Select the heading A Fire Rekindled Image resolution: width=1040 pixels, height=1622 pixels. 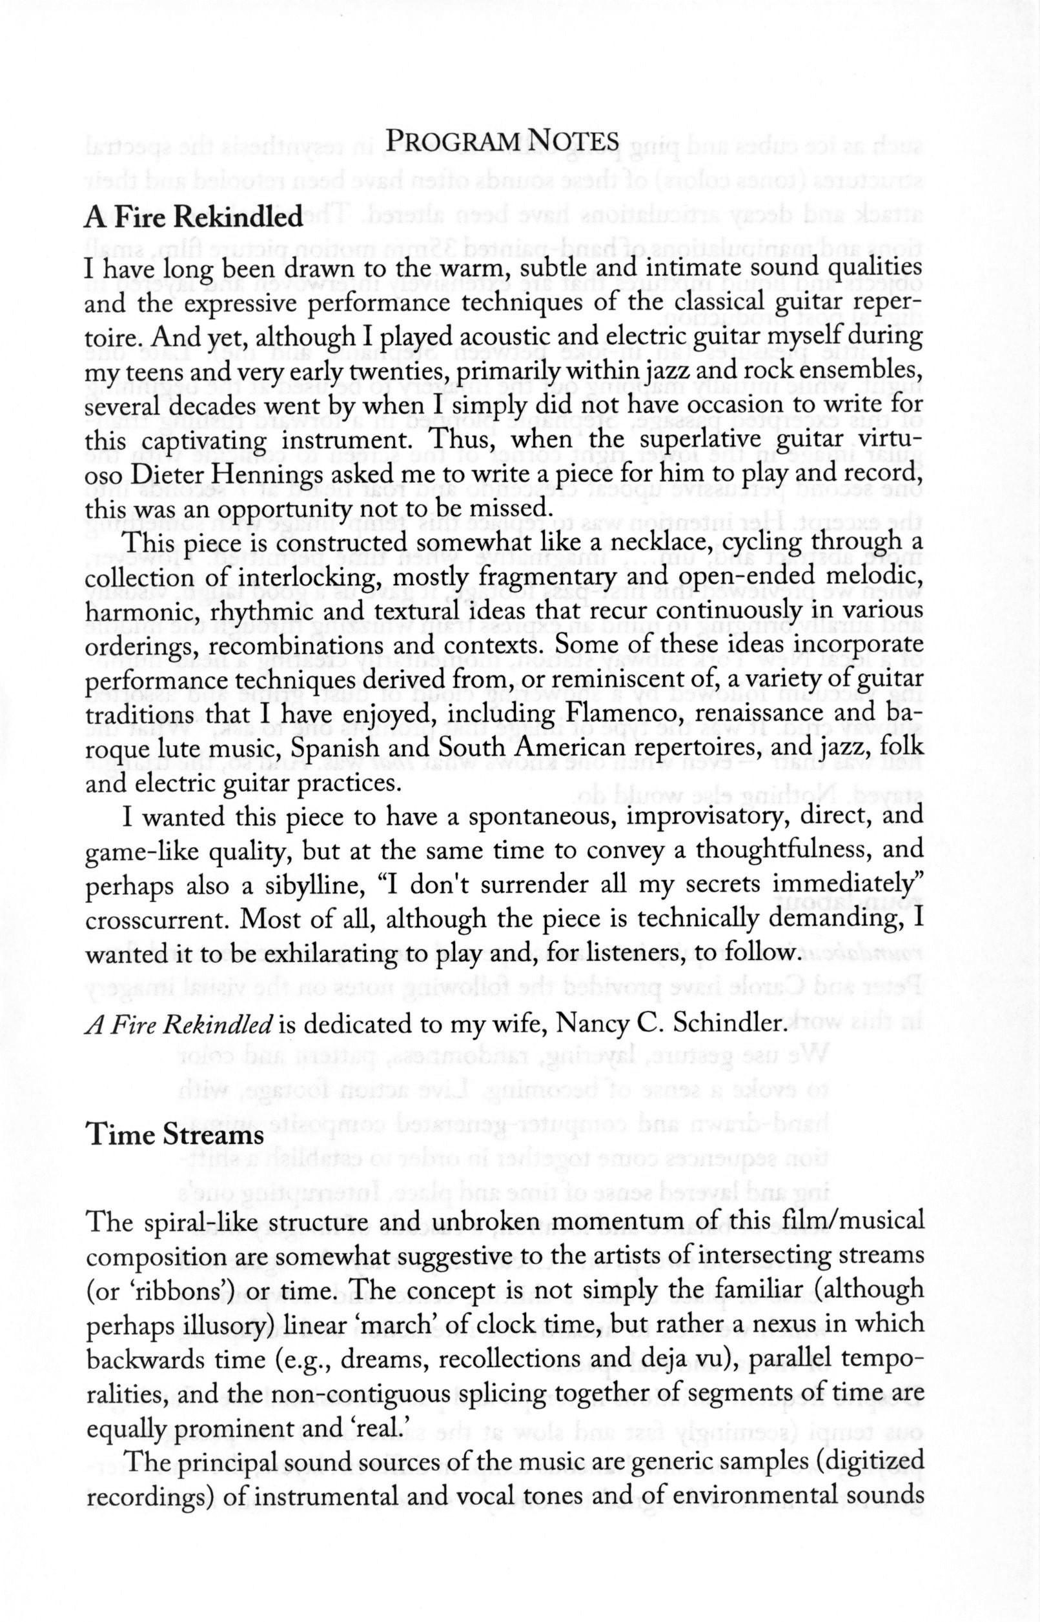(193, 217)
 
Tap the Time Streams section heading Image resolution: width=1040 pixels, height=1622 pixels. (175, 1135)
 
